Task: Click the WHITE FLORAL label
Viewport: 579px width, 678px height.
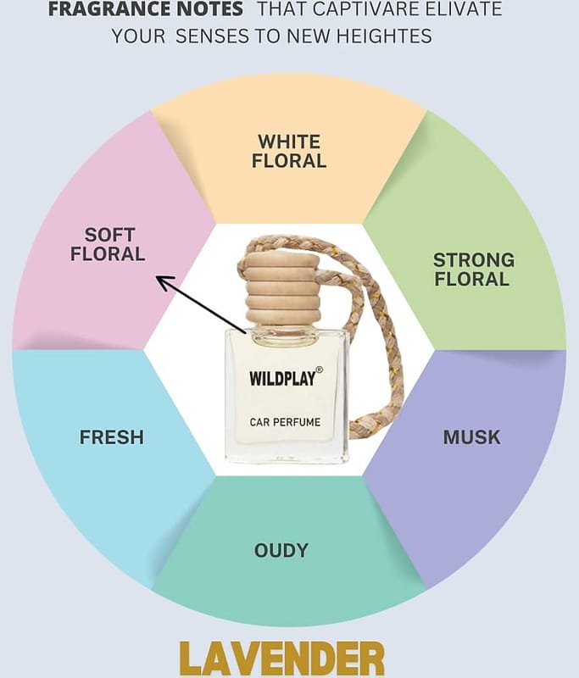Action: (289, 152)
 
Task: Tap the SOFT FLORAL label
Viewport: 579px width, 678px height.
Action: (108, 244)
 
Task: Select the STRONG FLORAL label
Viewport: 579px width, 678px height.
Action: (474, 270)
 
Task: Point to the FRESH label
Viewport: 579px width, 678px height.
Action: (112, 437)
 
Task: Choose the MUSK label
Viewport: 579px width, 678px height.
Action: (471, 437)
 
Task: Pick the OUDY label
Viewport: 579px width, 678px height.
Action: (281, 550)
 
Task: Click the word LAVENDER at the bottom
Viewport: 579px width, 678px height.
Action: (282, 659)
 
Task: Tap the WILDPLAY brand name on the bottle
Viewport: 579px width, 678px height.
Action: (282, 378)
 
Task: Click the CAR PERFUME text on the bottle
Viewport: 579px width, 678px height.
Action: (285, 422)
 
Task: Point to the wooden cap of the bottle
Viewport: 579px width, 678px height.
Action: (282, 291)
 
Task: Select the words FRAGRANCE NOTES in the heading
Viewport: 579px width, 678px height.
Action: (145, 9)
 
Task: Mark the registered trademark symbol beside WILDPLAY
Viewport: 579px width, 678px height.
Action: (320, 370)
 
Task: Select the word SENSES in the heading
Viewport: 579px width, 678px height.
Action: (212, 36)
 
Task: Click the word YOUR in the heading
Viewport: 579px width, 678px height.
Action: (139, 36)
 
